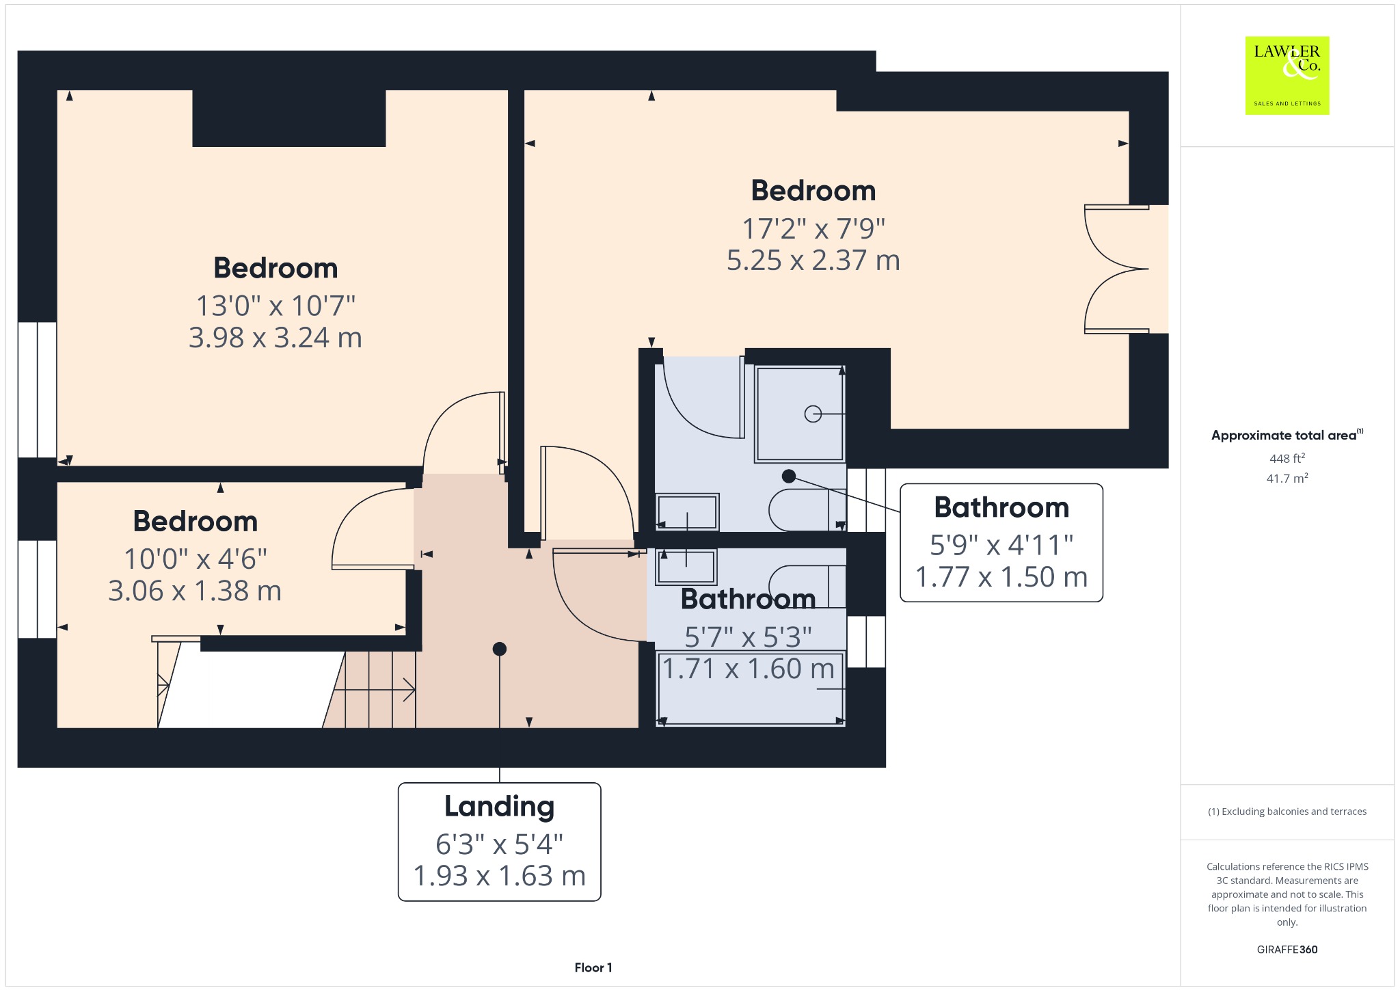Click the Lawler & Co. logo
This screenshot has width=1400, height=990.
[1287, 75]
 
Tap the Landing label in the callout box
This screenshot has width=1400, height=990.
[499, 806]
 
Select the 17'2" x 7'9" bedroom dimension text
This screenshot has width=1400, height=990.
[813, 228]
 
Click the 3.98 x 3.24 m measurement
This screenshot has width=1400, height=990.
[275, 338]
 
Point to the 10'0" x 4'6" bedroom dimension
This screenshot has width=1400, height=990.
[195, 559]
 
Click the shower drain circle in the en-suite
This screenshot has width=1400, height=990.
[813, 414]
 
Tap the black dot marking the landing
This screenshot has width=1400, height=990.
[500, 649]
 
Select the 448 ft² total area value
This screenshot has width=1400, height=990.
[1287, 458]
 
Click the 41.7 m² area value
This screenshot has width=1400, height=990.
[1287, 478]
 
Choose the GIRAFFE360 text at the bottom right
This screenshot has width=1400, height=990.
[1287, 949]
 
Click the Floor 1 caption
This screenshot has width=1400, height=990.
[593, 967]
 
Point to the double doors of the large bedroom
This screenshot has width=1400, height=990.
[1116, 269]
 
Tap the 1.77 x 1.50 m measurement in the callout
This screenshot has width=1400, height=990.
[1001, 577]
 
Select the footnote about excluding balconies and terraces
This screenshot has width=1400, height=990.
[1287, 812]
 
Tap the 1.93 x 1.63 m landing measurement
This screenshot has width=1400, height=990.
[499, 876]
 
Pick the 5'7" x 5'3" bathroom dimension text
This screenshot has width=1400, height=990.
[748, 637]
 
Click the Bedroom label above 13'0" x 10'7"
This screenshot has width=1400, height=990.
[275, 268]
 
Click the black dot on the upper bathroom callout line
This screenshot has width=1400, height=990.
[789, 476]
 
